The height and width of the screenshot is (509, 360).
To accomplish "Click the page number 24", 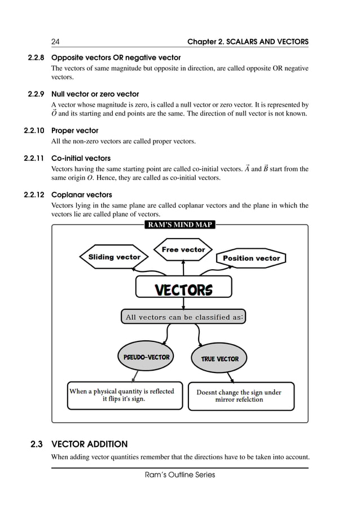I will (55, 42).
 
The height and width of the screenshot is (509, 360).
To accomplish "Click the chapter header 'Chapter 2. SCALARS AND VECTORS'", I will (248, 42).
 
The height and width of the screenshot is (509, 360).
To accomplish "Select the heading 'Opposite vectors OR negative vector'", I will (116, 58).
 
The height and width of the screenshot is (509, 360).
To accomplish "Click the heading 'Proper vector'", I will (74, 130).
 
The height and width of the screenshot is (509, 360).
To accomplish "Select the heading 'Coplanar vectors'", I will (81, 195).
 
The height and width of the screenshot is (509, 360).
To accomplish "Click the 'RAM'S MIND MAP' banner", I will (179, 225).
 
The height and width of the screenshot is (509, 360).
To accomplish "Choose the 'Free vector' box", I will (183, 249).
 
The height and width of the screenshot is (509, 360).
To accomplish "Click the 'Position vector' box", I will (251, 258).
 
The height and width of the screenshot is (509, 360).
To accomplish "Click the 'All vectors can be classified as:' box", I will (184, 317).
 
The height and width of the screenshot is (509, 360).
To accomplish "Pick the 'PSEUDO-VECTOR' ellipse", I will (146, 357).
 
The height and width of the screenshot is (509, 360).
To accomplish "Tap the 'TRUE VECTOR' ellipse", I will (219, 359).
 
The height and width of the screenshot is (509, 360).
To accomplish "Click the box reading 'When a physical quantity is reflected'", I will (121, 394).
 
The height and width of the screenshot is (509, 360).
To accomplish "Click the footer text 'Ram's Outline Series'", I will (179, 475).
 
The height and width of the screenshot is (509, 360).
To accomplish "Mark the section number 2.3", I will (37, 444).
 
